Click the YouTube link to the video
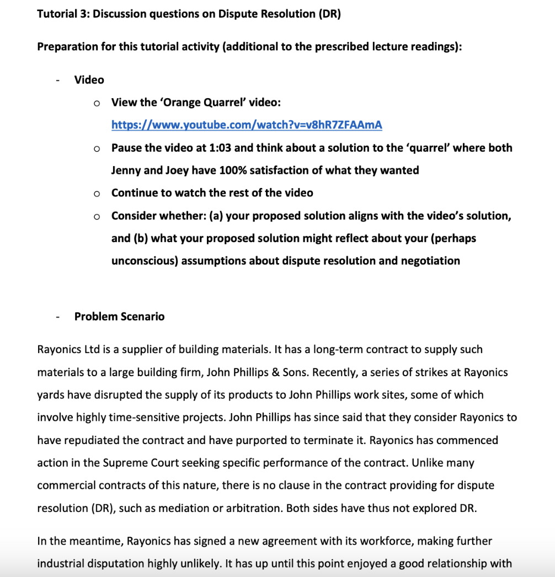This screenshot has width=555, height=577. pos(247,125)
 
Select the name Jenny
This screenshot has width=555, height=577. pos(126,170)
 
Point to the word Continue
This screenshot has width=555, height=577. pos(135,193)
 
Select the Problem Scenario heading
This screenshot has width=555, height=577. pos(119,317)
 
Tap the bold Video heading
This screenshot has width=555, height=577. pos(89,80)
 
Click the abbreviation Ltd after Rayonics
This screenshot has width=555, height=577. pos(91,350)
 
